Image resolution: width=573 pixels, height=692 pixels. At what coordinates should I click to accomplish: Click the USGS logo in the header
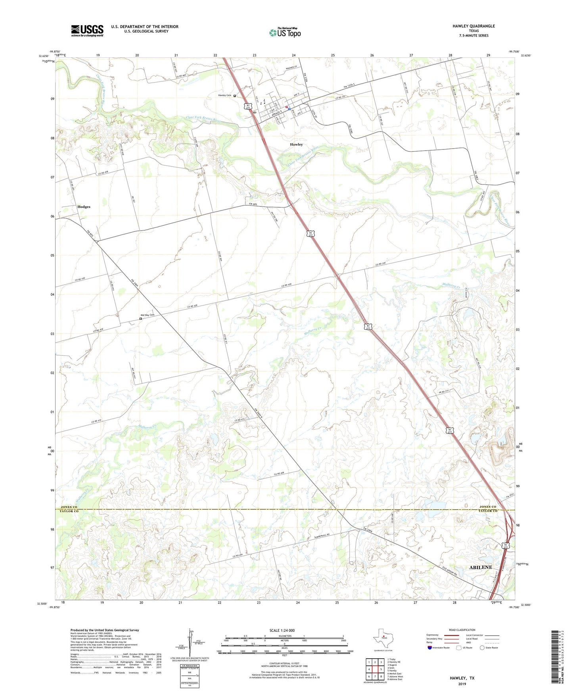87,31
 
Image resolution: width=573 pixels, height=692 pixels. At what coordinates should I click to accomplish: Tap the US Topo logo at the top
285,32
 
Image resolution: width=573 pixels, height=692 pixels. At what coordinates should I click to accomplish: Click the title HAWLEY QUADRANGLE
473,26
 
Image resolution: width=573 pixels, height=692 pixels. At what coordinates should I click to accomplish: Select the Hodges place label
84,207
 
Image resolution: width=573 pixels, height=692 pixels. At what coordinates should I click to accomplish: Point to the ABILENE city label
481,567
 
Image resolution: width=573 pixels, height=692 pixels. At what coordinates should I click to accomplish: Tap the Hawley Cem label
224,96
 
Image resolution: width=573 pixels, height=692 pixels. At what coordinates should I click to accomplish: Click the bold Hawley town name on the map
296,145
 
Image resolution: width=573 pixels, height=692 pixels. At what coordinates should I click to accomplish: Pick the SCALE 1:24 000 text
282,630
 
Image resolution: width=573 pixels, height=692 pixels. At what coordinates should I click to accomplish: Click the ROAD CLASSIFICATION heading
462,630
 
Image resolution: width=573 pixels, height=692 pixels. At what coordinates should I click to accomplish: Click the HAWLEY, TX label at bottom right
462,678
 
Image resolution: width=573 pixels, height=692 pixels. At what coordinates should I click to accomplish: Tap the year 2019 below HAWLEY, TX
462,684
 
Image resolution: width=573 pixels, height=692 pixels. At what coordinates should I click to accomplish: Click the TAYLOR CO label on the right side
488,511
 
